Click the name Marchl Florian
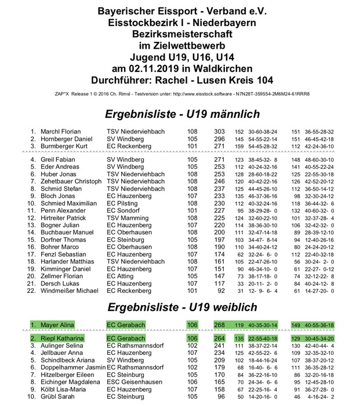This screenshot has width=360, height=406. click(60, 132)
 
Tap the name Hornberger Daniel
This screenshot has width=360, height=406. click(66, 139)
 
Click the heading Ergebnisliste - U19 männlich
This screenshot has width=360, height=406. click(180, 114)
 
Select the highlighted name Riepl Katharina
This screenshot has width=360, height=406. click(64, 338)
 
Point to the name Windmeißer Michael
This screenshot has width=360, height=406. click(70, 291)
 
